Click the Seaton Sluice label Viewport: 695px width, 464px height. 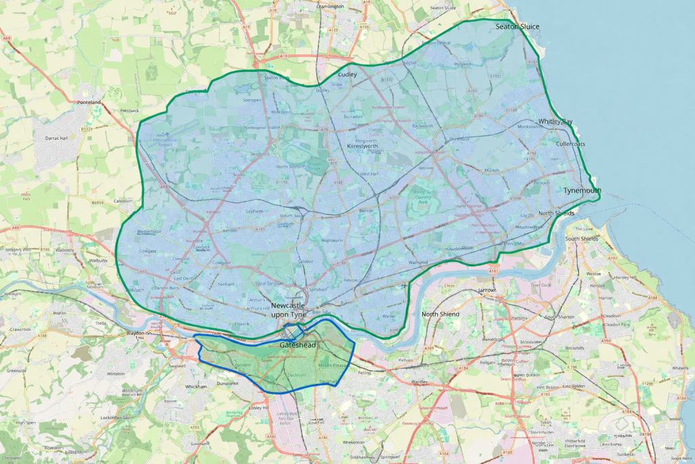click(x=517, y=26)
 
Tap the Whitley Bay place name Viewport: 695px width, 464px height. click(x=555, y=122)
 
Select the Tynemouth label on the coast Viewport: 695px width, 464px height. click(x=582, y=191)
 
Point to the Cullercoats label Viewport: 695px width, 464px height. click(x=570, y=144)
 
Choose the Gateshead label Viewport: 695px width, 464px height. click(x=298, y=346)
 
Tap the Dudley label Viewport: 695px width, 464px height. click(x=347, y=75)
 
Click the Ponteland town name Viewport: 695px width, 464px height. click(x=88, y=103)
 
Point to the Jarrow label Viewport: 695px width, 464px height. click(x=487, y=290)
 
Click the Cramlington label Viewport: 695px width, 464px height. click(x=330, y=6)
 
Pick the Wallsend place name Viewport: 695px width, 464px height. click(x=418, y=262)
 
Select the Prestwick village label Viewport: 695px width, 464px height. click(x=129, y=110)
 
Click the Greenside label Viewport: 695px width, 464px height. click(x=17, y=371)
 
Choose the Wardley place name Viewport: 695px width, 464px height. click(x=419, y=382)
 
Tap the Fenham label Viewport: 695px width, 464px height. click(x=226, y=283)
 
